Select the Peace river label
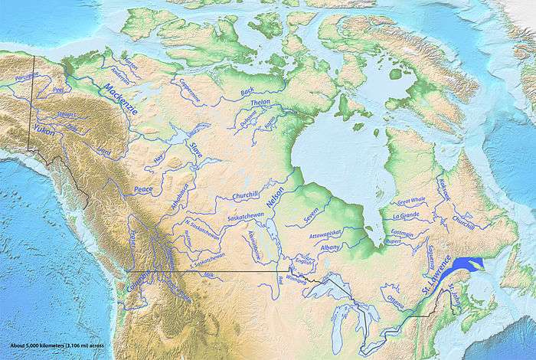tap(143, 188)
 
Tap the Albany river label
tap(331, 248)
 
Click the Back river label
tap(247, 93)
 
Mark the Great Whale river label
tap(413, 201)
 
